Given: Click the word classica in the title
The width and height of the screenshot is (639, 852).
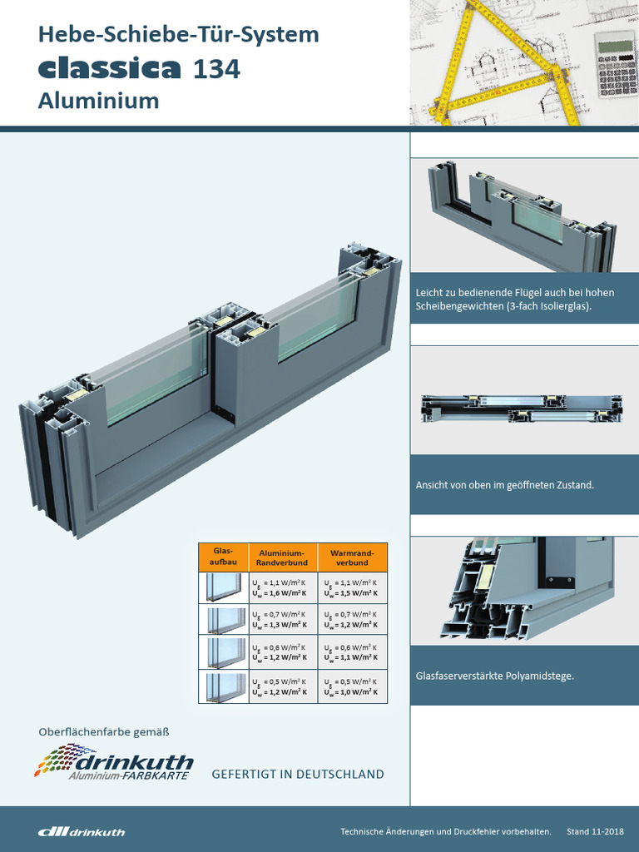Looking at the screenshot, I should click(x=109, y=68).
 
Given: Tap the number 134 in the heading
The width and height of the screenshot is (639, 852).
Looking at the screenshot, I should click(x=216, y=70).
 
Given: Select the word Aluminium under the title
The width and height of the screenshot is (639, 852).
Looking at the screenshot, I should click(x=98, y=101).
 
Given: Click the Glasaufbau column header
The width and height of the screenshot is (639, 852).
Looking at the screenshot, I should click(x=223, y=557).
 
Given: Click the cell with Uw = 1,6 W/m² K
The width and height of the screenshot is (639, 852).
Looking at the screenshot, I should click(x=283, y=588).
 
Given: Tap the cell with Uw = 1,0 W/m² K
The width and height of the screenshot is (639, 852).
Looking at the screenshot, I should click(x=352, y=686).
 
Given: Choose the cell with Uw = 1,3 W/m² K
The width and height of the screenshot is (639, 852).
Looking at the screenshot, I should click(x=283, y=621).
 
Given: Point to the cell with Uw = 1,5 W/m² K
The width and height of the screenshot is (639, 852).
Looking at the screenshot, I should click(x=352, y=588).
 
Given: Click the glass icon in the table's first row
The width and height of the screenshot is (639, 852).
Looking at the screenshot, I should click(x=223, y=588).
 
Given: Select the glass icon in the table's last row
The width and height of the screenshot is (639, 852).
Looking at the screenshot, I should click(x=223, y=686).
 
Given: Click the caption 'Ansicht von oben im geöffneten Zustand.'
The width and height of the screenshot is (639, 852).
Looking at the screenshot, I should click(x=505, y=484).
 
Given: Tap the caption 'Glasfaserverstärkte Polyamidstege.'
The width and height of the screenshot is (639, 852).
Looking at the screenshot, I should click(x=495, y=676).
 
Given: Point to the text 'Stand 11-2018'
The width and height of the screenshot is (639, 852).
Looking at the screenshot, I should click(x=595, y=831).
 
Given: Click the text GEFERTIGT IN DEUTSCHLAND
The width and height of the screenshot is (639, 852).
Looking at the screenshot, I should click(x=298, y=774).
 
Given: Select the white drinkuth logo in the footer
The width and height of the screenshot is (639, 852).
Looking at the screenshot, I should click(x=82, y=831).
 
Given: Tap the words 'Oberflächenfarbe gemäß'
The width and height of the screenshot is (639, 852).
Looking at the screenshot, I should click(x=104, y=732).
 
